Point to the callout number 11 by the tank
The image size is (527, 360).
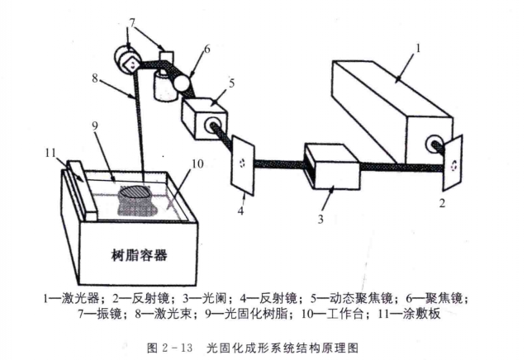tap(50, 153)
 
